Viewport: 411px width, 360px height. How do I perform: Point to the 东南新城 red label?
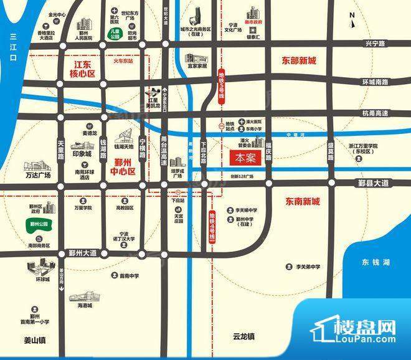[x=302, y=202]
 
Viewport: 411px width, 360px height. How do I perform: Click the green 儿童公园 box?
[x=114, y=35]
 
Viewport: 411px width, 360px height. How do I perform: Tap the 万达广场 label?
[x=38, y=176]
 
